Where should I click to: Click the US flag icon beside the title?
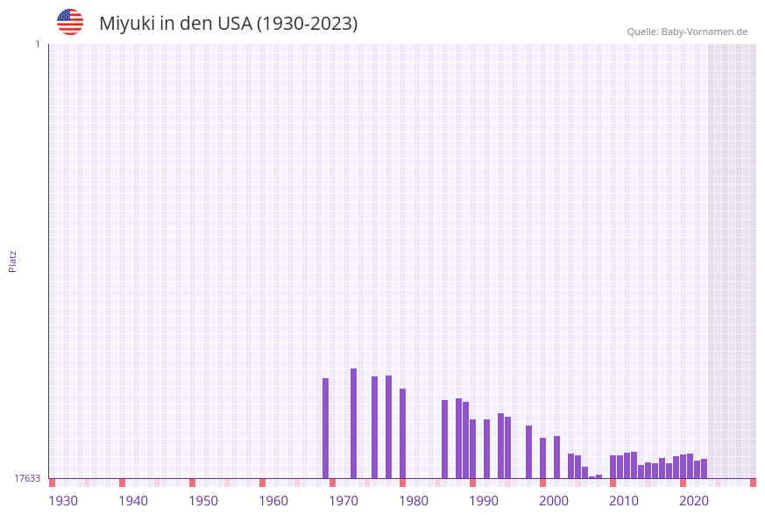pyautogui.click(x=70, y=23)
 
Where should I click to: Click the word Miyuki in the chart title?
pyautogui.click(x=126, y=24)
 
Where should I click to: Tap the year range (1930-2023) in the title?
pyautogui.click(x=307, y=24)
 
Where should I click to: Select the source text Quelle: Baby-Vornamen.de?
pyautogui.click(x=687, y=32)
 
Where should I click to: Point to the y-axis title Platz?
pyautogui.click(x=13, y=261)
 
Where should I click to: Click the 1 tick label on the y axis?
pyautogui.click(x=38, y=44)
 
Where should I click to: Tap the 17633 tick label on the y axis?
pyautogui.click(x=27, y=478)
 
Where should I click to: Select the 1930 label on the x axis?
pyautogui.click(x=63, y=501)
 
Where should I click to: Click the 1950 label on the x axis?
pyautogui.click(x=203, y=501)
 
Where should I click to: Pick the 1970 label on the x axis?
pyautogui.click(x=344, y=501)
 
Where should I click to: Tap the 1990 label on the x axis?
pyautogui.click(x=484, y=501)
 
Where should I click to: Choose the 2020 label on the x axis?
pyautogui.click(x=694, y=501)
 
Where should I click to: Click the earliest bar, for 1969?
pyautogui.click(x=326, y=428)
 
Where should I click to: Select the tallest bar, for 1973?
pyautogui.click(x=354, y=423)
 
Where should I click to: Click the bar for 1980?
pyautogui.click(x=403, y=433)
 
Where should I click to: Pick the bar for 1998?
pyautogui.click(x=529, y=452)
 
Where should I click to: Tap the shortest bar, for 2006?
pyautogui.click(x=592, y=477)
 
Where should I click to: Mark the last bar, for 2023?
pyautogui.click(x=705, y=469)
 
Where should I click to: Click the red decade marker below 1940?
pyautogui.click(x=123, y=483)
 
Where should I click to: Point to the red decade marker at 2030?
pyautogui.click(x=753, y=483)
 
